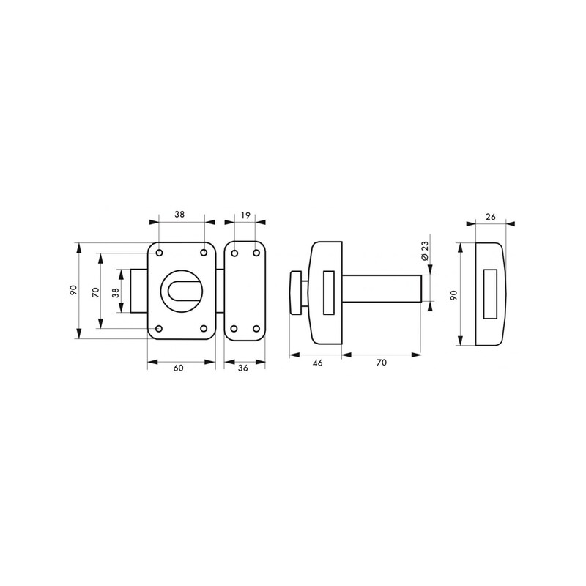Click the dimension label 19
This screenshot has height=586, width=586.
(x=245, y=215)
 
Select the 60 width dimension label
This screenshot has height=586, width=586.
(x=179, y=368)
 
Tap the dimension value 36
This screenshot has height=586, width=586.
(x=243, y=368)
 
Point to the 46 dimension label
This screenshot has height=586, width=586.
(x=317, y=363)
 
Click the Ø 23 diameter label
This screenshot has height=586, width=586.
(x=424, y=251)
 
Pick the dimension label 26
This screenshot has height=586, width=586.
(x=490, y=217)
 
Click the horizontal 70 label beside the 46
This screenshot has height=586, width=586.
(x=382, y=363)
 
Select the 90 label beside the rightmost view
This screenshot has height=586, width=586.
(x=454, y=295)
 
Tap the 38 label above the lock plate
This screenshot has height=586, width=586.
(x=179, y=214)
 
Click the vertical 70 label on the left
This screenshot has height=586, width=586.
(x=96, y=292)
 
